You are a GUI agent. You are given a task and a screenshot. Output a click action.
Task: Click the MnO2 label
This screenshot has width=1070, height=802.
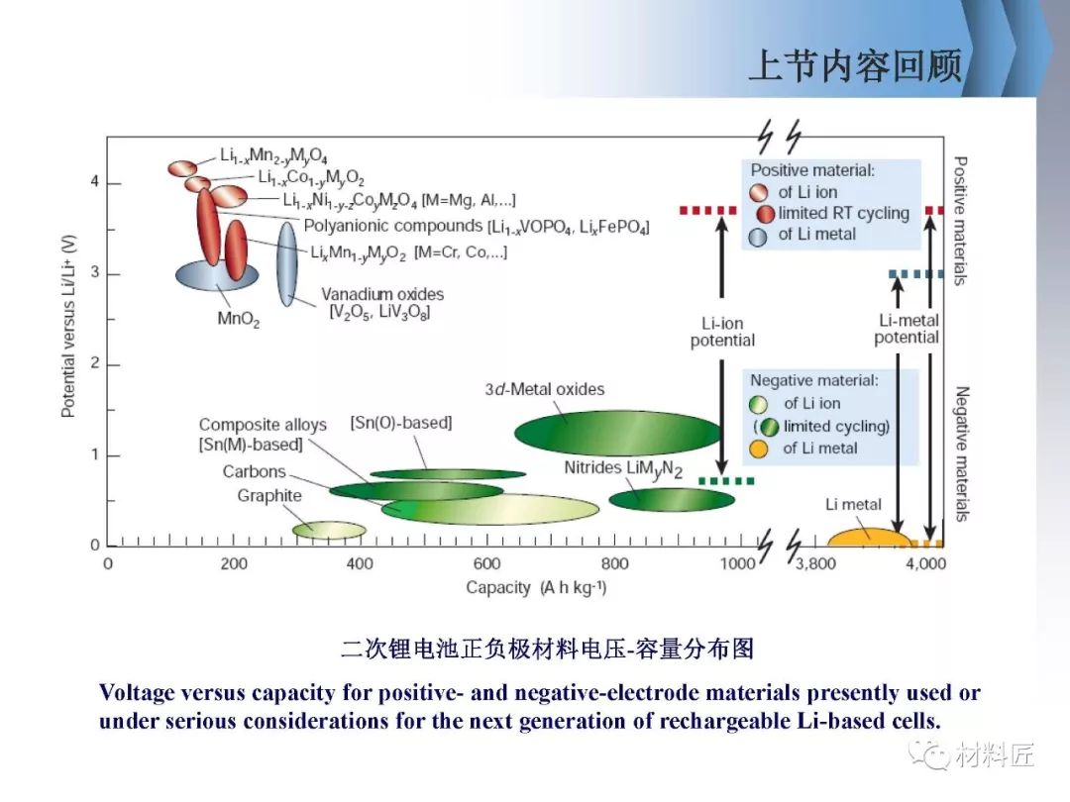point(238,319)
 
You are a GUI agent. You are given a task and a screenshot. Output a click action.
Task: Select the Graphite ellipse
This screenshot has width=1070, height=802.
point(329,530)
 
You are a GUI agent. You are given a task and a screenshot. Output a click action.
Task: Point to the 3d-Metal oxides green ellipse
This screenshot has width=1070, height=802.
point(618,433)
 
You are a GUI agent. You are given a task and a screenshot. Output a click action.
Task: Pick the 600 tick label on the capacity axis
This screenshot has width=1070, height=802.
point(486,564)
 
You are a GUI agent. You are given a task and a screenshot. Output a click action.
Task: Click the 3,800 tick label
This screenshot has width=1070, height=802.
point(815,564)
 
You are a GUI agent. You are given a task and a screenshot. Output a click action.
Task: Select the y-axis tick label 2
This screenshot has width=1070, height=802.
point(95,364)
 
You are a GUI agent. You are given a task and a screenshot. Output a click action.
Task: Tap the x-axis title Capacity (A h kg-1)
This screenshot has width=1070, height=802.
point(536,587)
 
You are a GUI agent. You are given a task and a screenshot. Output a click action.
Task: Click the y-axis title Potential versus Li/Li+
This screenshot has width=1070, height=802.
point(68,326)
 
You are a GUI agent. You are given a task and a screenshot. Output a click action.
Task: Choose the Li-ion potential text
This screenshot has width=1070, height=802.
point(722,332)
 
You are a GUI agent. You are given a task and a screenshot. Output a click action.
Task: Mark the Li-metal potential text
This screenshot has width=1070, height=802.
point(907,329)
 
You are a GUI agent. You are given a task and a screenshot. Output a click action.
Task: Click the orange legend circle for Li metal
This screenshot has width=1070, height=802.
point(758,449)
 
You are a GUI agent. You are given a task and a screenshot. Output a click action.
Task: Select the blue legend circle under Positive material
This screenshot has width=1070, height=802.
point(758,237)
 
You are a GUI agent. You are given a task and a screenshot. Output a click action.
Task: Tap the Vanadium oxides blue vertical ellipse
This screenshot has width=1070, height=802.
point(287,264)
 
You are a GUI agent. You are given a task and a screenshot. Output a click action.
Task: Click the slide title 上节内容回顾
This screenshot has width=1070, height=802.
point(856,65)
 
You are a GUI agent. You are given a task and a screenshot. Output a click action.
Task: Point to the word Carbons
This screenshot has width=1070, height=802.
point(254,471)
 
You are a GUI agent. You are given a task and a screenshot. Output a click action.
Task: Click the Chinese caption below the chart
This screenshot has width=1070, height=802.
point(547,649)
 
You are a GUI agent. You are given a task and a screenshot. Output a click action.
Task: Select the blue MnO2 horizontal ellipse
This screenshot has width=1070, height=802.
point(217,275)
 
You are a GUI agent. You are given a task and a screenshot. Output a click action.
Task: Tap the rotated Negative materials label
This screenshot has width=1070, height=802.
point(961,454)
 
